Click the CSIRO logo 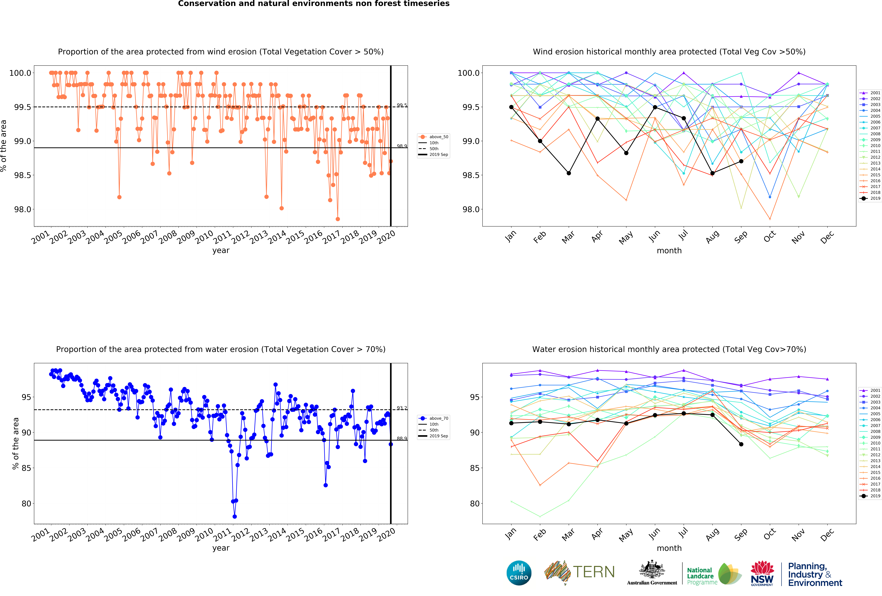[x=519, y=573]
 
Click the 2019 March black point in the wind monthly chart [x=568, y=173]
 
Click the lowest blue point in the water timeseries [x=235, y=516]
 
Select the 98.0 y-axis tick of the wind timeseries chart [x=23, y=209]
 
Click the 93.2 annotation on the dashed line [x=401, y=408]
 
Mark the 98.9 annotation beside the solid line [x=401, y=146]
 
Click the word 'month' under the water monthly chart [x=669, y=548]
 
